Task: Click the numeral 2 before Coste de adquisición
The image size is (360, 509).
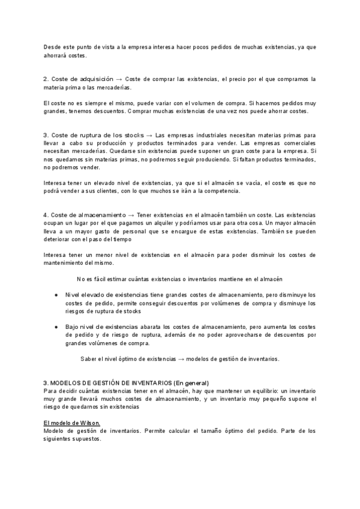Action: point(46,79)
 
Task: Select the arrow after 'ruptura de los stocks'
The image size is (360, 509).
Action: point(149,135)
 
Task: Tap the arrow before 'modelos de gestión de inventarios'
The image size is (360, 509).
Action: point(181,359)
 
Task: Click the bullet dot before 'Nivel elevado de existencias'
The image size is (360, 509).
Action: point(56,295)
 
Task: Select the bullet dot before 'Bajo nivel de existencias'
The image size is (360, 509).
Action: point(56,327)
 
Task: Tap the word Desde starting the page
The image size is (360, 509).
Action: point(53,47)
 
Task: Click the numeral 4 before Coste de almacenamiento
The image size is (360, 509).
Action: point(46,214)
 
